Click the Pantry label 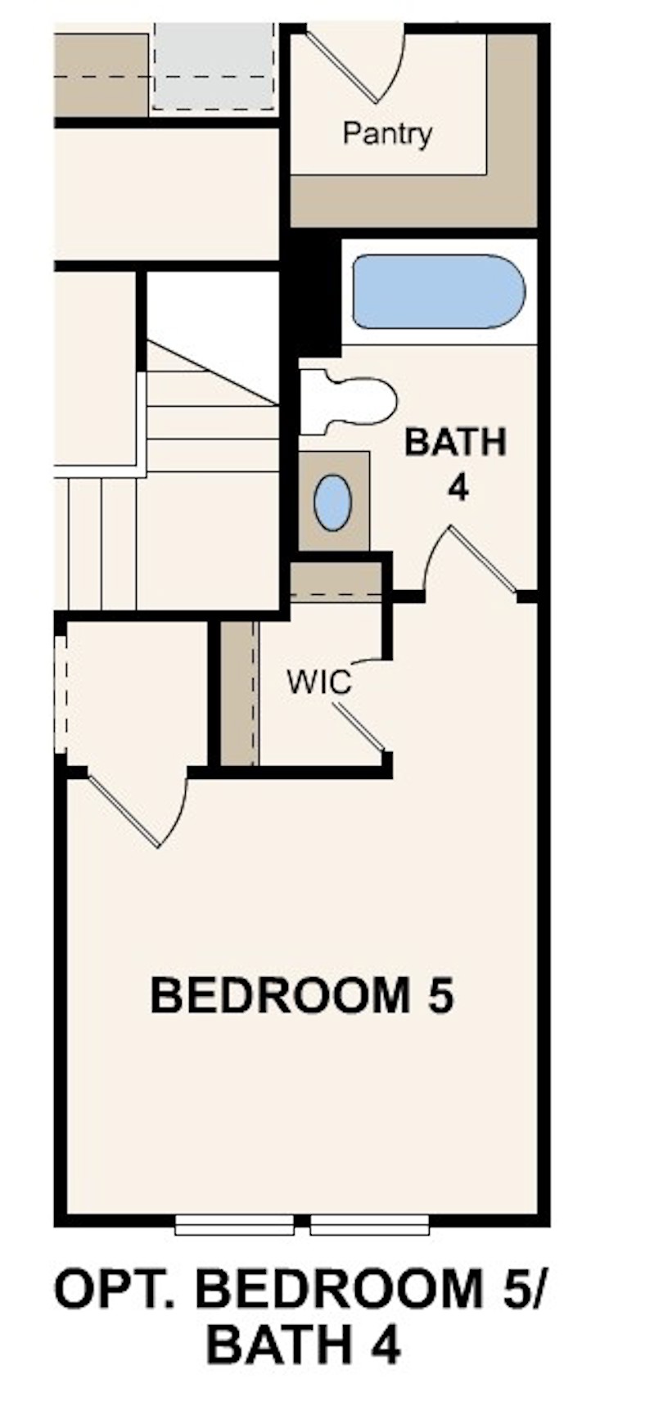point(387,133)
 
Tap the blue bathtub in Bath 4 point(438,291)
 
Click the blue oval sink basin point(333,502)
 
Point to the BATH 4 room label point(456,464)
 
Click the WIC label point(318,681)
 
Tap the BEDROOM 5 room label point(301,996)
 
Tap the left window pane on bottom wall point(234,1225)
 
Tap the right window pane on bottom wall point(370,1225)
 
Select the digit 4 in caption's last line point(382,1344)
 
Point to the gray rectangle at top point(214,67)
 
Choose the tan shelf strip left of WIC point(239,693)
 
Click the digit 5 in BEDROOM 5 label point(439,996)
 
